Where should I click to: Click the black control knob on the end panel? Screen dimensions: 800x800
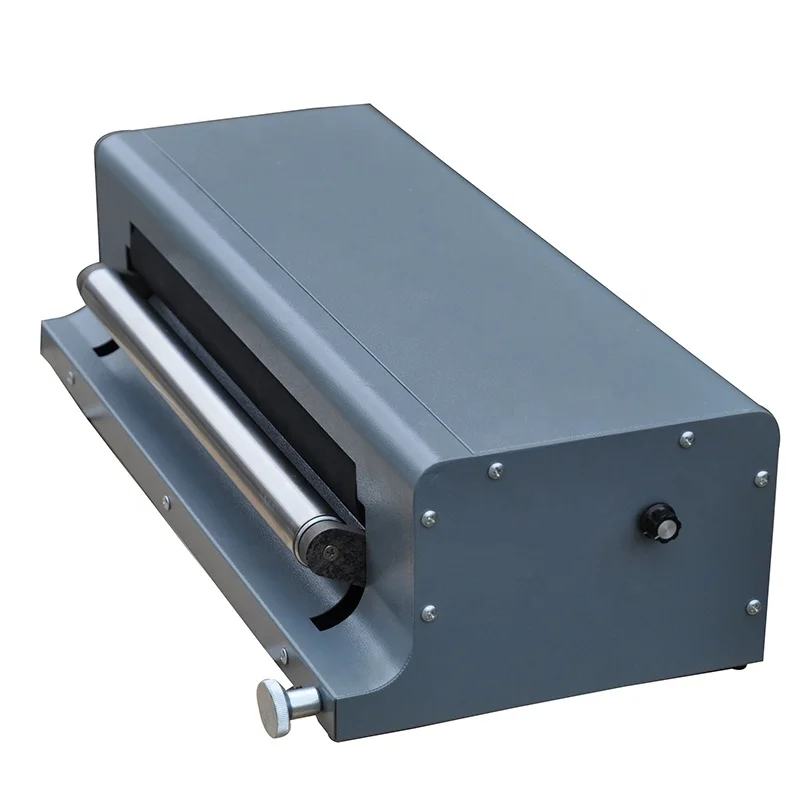[661, 521]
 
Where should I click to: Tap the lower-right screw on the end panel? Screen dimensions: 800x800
[753, 606]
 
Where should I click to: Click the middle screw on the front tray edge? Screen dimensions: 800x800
[165, 502]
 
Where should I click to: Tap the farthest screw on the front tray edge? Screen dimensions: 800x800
[70, 378]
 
